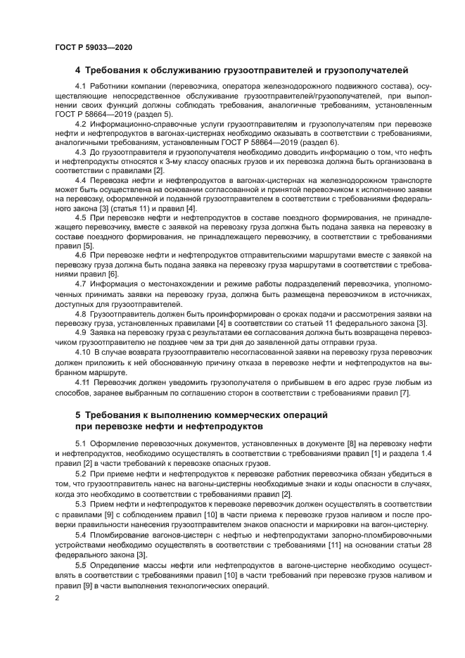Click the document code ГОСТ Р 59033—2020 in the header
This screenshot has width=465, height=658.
[93, 47]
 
